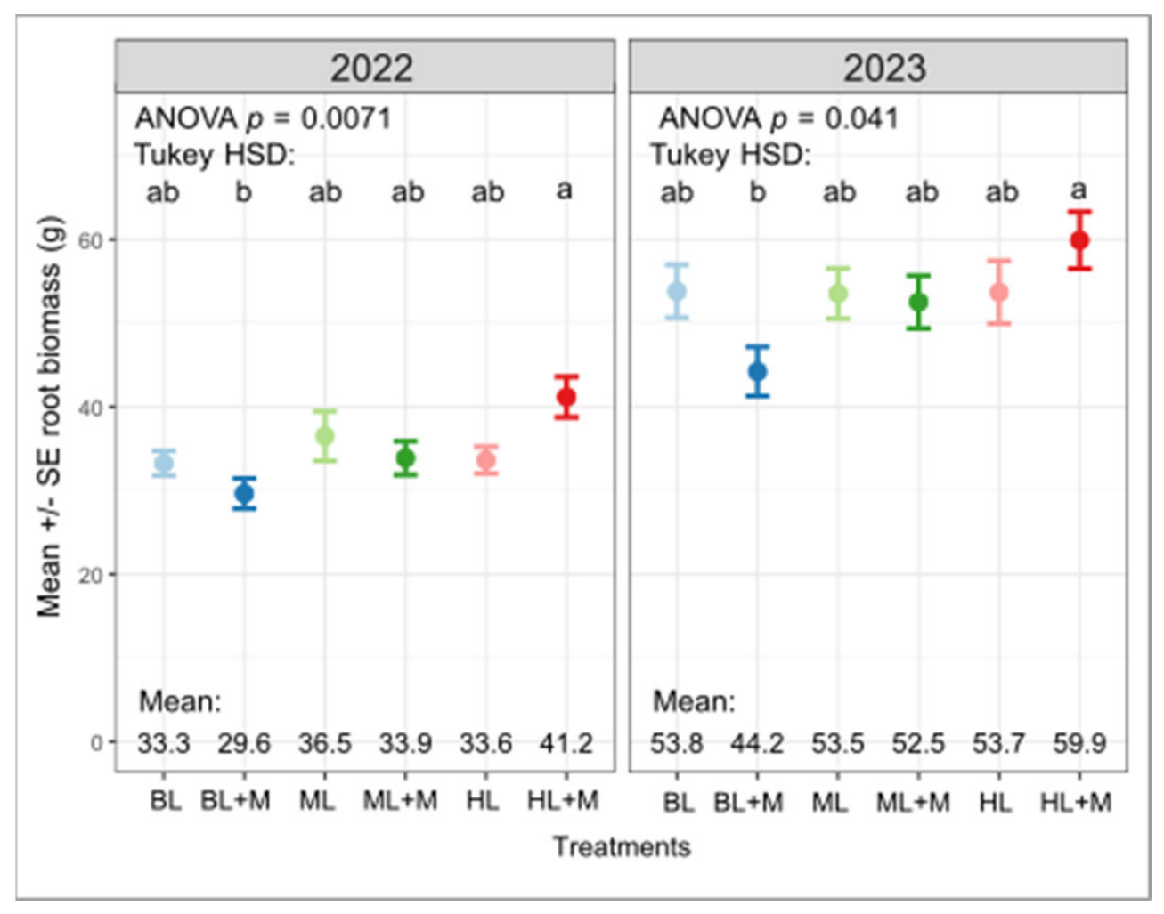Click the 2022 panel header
coord(365,67)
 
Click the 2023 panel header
coord(878,67)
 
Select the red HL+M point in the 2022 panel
coord(566,397)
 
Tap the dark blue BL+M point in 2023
coord(757,371)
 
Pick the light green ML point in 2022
coord(324,436)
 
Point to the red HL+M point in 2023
coord(1079,240)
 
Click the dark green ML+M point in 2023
coord(919,302)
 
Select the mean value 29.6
coord(244,743)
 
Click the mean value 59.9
coord(1079,743)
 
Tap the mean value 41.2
coord(566,743)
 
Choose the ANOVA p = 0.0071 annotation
coord(263,118)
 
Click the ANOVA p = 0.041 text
coord(778,118)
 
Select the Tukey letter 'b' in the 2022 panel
coord(244,191)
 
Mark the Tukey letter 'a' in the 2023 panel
coord(1079,190)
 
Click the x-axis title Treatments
coord(622,847)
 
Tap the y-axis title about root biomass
coord(49,417)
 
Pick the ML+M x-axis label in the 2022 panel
coord(400,801)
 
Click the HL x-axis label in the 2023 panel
coord(997,802)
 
